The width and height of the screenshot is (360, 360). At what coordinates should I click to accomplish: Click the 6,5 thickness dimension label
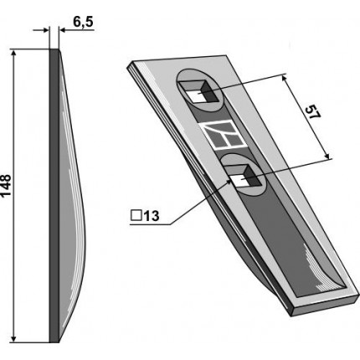point(83,22)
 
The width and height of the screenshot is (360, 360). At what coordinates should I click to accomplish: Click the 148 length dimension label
point(6,187)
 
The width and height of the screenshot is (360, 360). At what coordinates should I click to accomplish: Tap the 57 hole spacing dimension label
point(312,112)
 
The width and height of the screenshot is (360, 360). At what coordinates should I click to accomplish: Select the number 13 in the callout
point(152,216)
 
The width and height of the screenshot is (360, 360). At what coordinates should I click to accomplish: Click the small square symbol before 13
point(136,216)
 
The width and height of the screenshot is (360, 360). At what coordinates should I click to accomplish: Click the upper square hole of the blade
point(198,92)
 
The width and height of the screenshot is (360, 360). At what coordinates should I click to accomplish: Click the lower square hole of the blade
point(244,176)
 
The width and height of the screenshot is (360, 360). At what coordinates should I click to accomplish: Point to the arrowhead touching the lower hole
point(229,182)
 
